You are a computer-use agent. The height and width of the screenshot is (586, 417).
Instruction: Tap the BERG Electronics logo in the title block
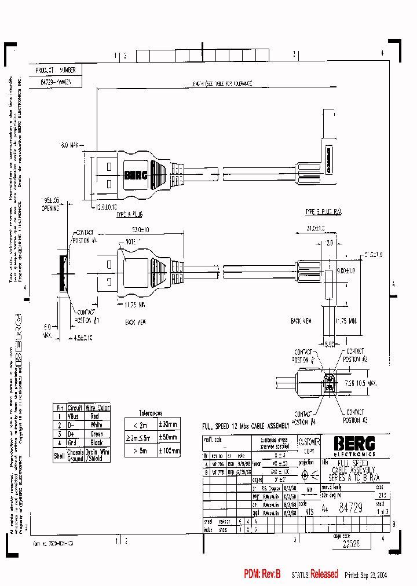point(354,445)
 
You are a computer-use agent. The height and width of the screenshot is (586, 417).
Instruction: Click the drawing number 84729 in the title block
point(350,492)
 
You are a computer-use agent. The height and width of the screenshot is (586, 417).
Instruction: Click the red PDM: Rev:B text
point(262,574)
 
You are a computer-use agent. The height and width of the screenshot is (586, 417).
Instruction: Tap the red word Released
point(324,574)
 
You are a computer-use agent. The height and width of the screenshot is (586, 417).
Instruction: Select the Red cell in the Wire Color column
point(95,416)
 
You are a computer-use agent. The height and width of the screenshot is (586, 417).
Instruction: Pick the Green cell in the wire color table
point(96,433)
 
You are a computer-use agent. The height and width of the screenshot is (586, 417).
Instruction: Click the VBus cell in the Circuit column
point(75,416)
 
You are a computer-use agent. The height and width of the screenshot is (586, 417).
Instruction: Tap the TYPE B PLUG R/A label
point(323,213)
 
